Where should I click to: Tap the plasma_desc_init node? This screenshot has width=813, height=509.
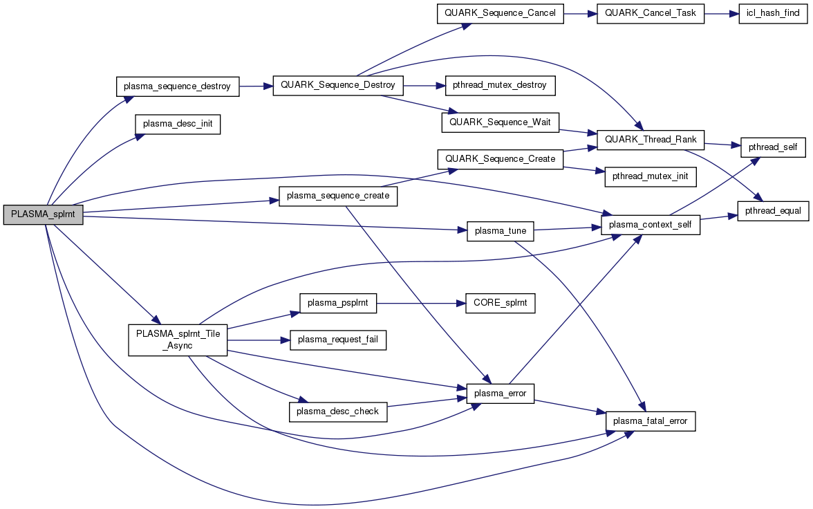(177, 124)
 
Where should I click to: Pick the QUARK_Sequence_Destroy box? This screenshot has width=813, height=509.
(338, 86)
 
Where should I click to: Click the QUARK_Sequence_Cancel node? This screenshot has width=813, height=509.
(500, 14)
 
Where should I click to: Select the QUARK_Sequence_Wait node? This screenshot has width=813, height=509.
(500, 122)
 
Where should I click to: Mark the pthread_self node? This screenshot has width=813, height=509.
(773, 148)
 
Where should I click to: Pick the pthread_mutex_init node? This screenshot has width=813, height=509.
(649, 177)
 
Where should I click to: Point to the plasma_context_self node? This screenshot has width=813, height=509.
(651, 224)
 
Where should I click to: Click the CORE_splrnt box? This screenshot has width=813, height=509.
(500, 303)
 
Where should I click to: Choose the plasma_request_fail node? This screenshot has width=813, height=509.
(337, 340)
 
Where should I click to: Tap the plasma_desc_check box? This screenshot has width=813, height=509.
(337, 411)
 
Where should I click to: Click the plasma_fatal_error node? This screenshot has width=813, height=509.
(650, 421)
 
